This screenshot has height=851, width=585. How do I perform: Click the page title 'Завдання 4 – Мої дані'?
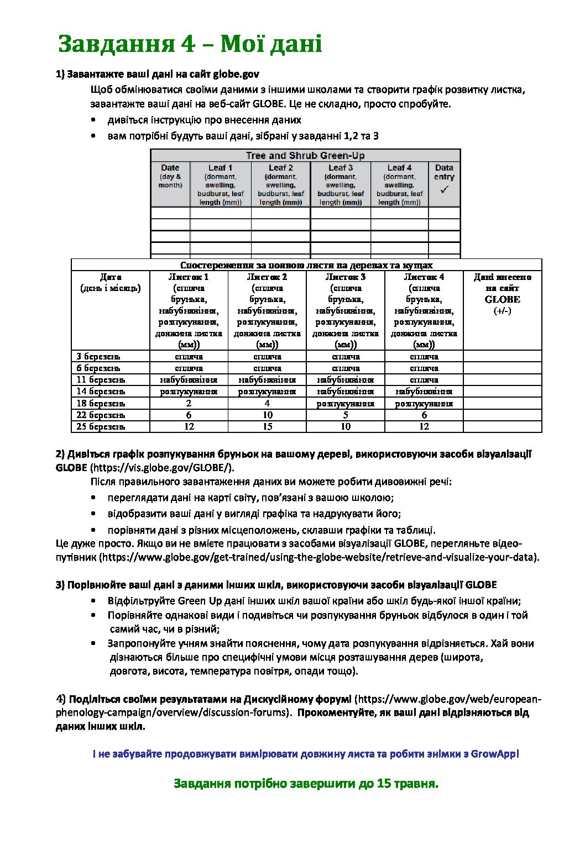point(190,44)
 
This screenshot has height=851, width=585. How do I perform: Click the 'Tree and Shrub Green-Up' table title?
point(305,156)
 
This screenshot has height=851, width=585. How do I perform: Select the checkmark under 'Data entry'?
point(444,190)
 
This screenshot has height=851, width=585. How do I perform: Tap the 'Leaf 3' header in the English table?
point(341,167)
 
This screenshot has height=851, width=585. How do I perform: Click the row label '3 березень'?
point(98,357)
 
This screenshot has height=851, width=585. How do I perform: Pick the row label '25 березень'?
point(101,426)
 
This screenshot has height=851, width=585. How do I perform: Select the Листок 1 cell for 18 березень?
point(189,403)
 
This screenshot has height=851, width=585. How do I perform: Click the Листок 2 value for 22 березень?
point(268,415)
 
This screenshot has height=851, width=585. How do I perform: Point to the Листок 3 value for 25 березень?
point(346,426)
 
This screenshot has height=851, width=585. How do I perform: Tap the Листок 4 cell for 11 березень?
point(424,380)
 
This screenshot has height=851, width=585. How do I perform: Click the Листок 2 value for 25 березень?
point(268,426)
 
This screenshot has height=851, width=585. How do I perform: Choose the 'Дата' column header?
point(111,277)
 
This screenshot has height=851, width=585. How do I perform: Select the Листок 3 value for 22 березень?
point(346,415)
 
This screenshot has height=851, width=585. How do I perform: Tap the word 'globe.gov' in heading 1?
point(236,74)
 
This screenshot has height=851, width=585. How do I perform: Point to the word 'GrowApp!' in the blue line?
point(495,754)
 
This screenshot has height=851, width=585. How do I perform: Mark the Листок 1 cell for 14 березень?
point(189,392)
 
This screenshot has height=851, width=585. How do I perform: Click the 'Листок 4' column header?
point(424,277)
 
